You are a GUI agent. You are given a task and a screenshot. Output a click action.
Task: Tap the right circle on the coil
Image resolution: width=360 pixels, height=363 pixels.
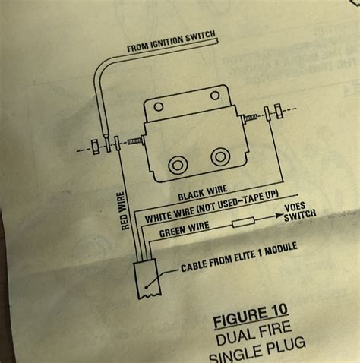coord(220,156)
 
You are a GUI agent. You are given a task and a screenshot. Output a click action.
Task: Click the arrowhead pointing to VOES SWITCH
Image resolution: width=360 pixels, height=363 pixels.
coord(276,219)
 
